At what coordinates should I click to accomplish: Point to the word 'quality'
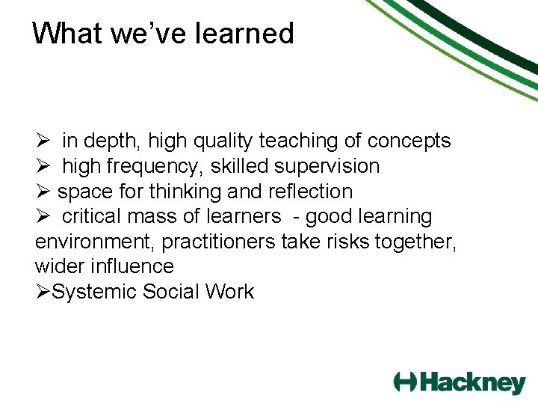[x=223, y=141]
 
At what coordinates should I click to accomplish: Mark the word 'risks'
[x=365, y=242]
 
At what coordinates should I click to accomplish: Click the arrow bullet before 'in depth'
[x=43, y=141]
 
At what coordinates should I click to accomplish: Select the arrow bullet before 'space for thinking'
[x=43, y=192]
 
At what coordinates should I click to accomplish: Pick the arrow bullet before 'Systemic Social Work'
[x=43, y=292]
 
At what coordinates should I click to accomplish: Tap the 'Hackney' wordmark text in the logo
[x=472, y=383]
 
